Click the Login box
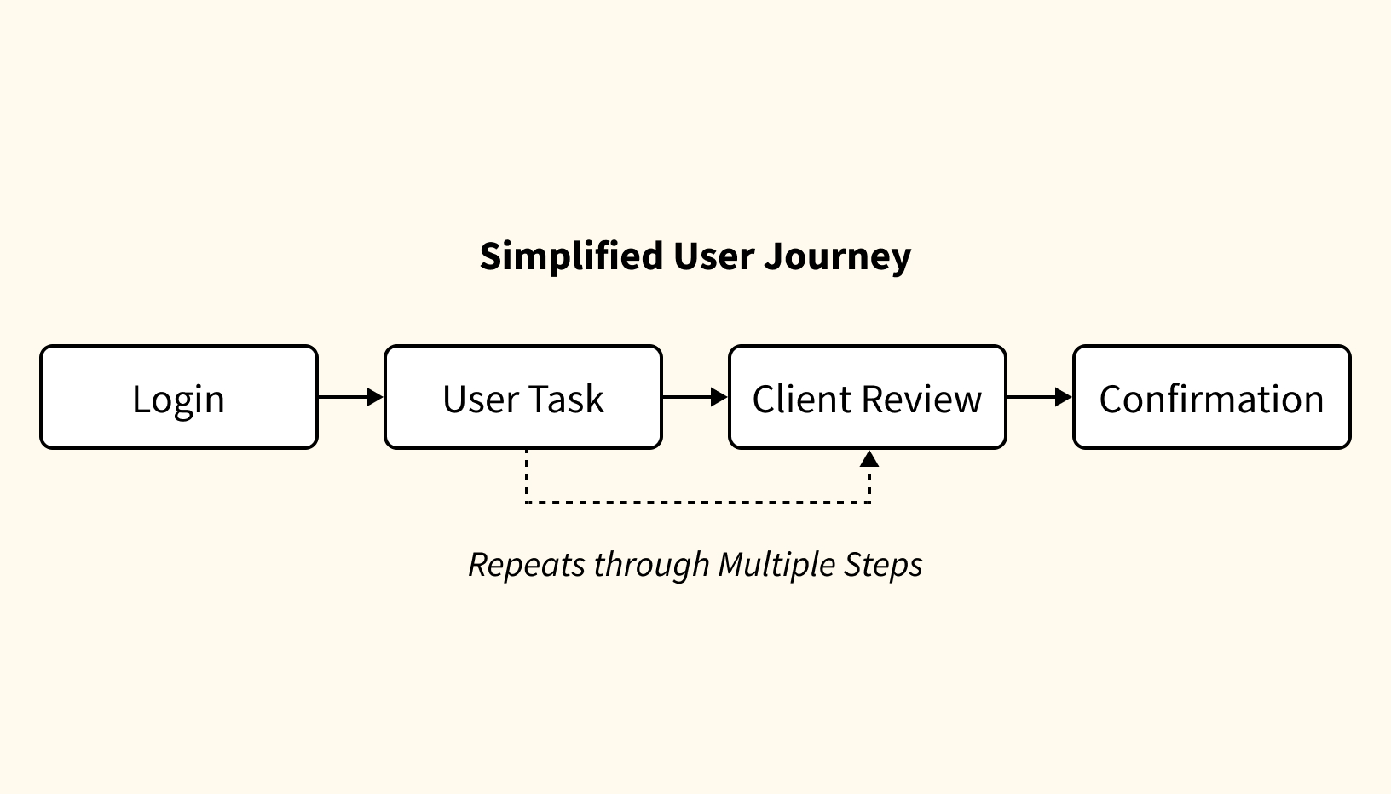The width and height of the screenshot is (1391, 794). (179, 397)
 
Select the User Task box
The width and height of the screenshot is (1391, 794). (522, 397)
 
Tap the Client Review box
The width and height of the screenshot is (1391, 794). (867, 397)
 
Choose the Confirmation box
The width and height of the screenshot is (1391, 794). (1211, 397)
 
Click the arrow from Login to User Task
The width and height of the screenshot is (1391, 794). (350, 397)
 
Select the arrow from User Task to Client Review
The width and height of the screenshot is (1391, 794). (695, 397)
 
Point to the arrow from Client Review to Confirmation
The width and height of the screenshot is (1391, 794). (1039, 397)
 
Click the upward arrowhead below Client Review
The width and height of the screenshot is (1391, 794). (869, 459)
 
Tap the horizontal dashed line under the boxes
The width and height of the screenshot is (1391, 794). (697, 503)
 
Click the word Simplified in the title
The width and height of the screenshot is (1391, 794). (571, 256)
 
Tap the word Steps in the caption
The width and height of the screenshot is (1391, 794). (883, 564)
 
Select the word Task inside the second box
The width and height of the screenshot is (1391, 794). (569, 399)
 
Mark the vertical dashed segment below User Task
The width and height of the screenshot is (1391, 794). (527, 475)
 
